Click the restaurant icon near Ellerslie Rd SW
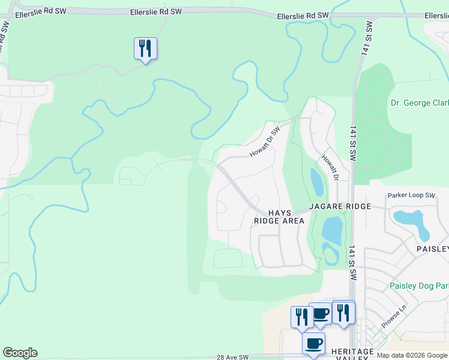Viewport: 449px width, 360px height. (x=145, y=48)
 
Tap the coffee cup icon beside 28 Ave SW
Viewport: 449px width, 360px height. (x=313, y=344)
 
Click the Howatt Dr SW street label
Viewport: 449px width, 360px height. (x=265, y=142)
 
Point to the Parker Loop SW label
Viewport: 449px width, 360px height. (x=411, y=196)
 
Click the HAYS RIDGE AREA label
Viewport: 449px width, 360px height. (x=279, y=217)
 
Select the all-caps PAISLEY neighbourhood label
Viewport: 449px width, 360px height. (x=433, y=248)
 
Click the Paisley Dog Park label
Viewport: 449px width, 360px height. (x=418, y=286)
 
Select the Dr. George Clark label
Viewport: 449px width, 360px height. (x=420, y=103)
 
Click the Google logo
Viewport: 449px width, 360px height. (x=20, y=353)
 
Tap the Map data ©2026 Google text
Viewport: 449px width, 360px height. (x=411, y=355)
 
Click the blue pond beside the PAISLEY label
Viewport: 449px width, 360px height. (x=412, y=222)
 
